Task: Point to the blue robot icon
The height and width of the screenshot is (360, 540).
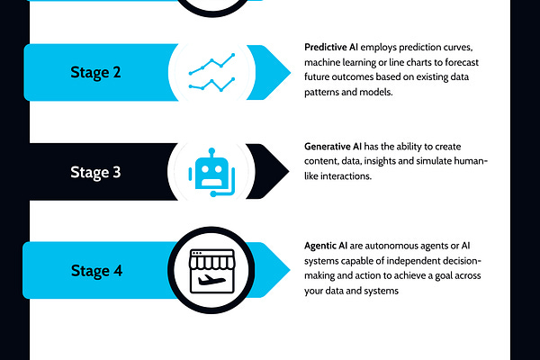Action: pyautogui.click(x=212, y=170)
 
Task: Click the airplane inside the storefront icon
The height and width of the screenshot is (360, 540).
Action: pyautogui.click(x=213, y=278)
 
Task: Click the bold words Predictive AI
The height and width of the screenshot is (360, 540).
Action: pyautogui.click(x=334, y=45)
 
